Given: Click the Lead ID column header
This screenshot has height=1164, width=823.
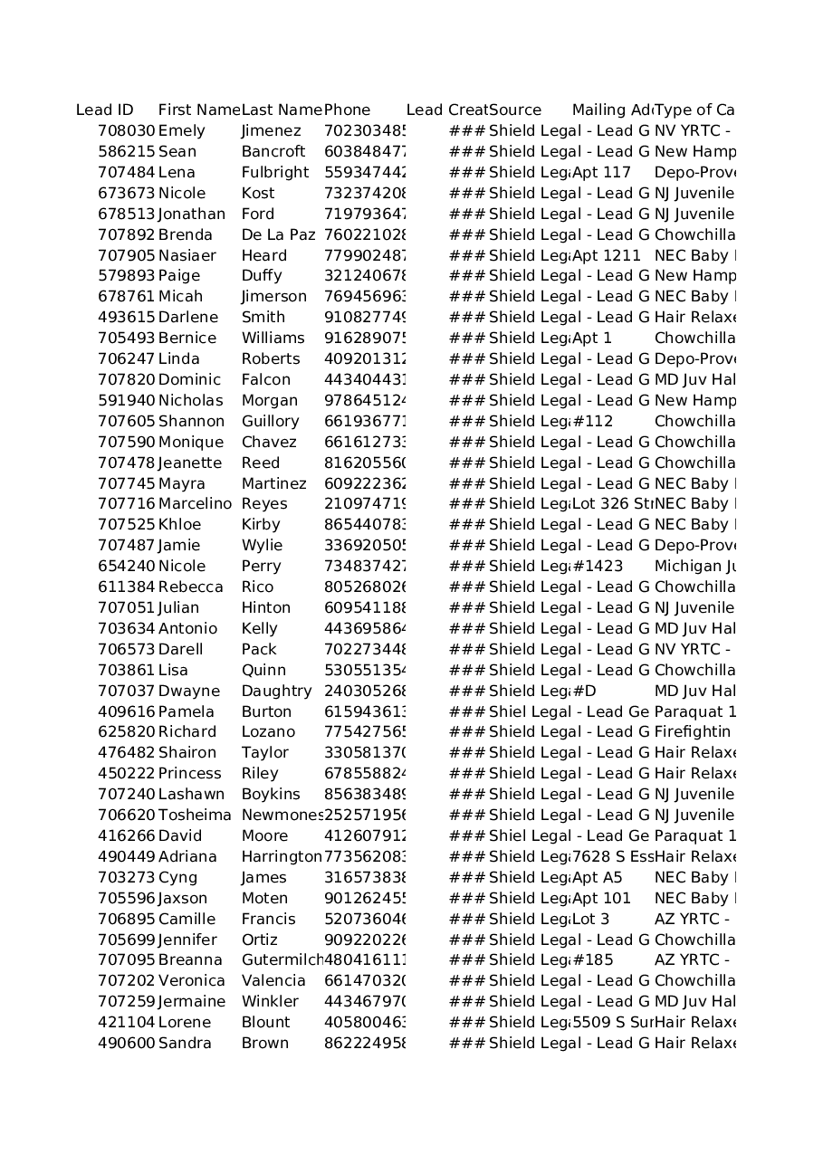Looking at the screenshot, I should pos(105,110).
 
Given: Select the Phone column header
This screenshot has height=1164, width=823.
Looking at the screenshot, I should pos(348,110).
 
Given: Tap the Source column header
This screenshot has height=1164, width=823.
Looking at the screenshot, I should pos(515,110).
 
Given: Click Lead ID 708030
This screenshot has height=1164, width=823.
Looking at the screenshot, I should pos(127,131).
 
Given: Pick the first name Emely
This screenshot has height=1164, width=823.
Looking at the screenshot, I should pos(182,131).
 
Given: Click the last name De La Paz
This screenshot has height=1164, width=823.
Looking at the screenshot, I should pos(279,235).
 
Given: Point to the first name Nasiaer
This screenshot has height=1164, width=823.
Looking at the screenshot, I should pos(187,256).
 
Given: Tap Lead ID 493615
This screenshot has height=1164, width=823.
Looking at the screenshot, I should pos(127,318).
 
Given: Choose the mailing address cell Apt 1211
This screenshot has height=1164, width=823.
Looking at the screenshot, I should pos(607,256).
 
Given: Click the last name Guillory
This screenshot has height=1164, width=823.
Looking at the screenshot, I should pos(270,422).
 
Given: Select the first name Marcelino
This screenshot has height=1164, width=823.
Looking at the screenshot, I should pos(195,504).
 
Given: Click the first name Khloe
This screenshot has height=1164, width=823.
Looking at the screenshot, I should pos(180,525).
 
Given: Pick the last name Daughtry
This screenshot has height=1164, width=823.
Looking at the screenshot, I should pos(277,692).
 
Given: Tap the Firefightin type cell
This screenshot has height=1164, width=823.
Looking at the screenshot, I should pos(693,732).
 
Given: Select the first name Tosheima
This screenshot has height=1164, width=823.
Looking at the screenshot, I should pos(195,816).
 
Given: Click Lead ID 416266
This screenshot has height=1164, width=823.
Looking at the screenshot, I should pos(127,836).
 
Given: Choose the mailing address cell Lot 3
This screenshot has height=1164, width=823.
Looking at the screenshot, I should pos(591,920).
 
